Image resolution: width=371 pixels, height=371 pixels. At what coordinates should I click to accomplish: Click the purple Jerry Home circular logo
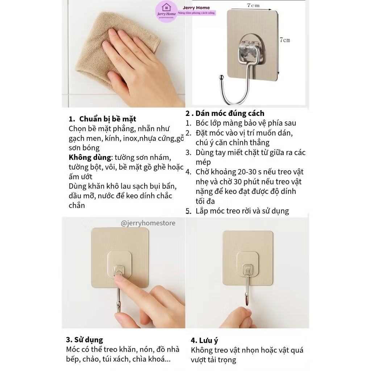coord(166,11)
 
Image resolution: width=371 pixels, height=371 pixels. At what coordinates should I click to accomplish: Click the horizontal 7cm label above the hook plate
coord(253,5)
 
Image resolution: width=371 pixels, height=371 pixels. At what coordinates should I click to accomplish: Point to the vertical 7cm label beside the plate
coord(285,40)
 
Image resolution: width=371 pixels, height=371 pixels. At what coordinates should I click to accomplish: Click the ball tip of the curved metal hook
coord(221,77)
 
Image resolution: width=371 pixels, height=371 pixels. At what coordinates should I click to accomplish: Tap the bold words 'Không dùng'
coord(90,157)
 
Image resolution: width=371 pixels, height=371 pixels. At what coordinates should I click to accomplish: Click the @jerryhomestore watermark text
coord(148,223)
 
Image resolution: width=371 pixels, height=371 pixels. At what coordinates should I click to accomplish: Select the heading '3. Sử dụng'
coord(84,340)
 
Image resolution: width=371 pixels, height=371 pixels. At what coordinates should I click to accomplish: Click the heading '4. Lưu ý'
coord(204,341)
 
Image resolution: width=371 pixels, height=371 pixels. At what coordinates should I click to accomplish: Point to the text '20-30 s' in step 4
coord(245,172)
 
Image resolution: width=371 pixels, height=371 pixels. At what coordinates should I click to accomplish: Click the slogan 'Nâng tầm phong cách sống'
coord(196,13)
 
